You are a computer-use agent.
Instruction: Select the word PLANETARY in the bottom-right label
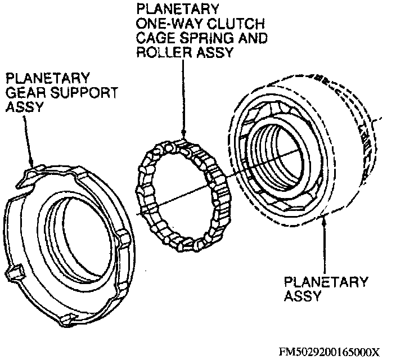click(x=326, y=282)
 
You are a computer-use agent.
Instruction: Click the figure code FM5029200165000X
click(x=330, y=352)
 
